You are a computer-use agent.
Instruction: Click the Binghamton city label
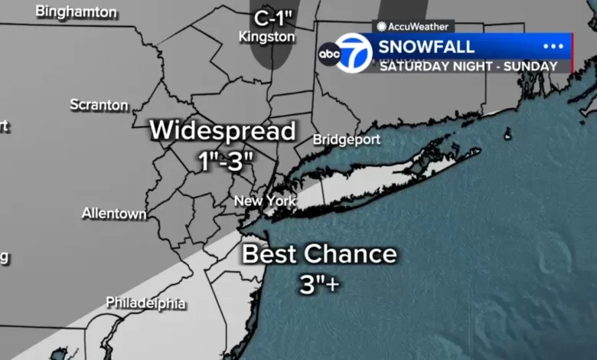coord(77,12)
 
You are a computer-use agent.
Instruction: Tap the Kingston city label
coord(266,36)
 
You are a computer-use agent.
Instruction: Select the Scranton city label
coord(99,105)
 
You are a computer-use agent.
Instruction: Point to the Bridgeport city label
coord(347,139)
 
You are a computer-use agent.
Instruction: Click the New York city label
coord(264,201)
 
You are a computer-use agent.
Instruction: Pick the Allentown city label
coord(114,214)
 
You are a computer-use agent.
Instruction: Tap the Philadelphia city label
coord(145,303)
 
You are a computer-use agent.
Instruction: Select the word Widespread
coord(222,130)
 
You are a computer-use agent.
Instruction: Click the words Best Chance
coord(320,254)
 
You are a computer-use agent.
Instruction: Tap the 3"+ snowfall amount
coord(320,284)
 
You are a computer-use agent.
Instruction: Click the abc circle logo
coord(329,54)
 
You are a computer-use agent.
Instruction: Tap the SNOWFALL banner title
coord(426,47)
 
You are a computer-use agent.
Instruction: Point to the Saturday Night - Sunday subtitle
coord(468,67)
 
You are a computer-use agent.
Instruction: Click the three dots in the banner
coord(553,47)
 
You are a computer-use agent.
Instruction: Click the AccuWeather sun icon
coord(381,26)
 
